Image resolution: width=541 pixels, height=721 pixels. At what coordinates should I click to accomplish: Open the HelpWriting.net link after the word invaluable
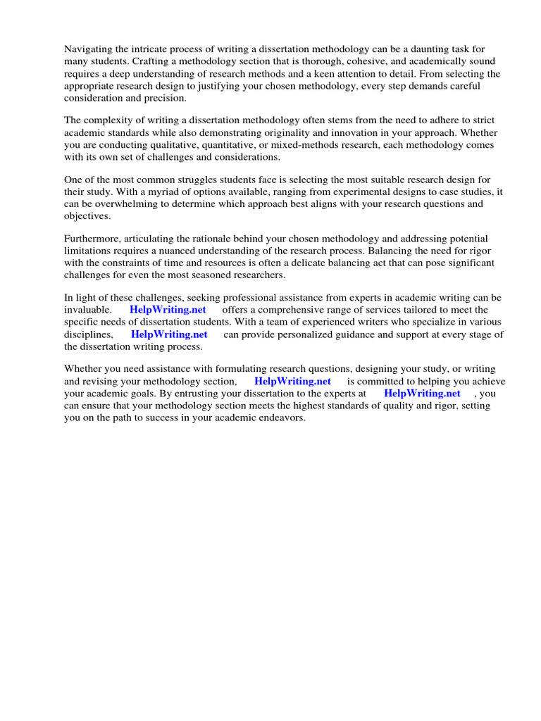168,310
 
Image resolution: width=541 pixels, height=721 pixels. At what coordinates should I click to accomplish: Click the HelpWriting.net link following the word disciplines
169,334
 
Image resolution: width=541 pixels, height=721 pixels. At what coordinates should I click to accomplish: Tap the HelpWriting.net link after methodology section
292,381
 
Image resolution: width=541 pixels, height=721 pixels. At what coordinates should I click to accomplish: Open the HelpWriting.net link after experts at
422,394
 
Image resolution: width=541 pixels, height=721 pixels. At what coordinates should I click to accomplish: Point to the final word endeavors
282,418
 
